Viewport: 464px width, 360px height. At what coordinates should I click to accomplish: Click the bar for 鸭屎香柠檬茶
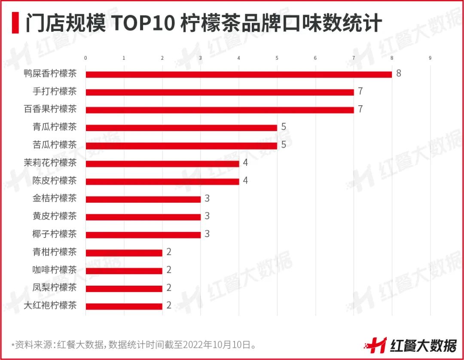point(239,74)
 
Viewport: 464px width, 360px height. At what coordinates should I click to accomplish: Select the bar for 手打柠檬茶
point(220,92)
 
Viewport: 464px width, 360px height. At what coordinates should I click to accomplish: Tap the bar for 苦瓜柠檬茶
point(181,146)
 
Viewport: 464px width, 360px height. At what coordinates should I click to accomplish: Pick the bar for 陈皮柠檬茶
point(162,181)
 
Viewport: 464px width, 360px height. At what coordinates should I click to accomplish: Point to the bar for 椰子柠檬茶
point(143,235)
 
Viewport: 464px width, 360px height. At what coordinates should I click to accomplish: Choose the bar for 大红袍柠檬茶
point(124,306)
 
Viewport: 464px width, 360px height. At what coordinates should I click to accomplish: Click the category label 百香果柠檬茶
point(50,109)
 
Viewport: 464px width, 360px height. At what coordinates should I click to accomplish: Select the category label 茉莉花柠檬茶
point(50,163)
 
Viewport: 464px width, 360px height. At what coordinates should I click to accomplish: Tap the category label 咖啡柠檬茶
point(55,270)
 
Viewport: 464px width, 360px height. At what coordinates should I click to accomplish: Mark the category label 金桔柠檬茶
point(55,198)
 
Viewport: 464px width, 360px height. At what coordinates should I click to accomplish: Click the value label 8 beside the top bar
point(399,73)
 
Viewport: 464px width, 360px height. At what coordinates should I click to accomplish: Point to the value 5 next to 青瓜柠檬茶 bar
point(284,127)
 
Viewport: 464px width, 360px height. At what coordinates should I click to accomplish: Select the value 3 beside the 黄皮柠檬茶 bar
point(207,216)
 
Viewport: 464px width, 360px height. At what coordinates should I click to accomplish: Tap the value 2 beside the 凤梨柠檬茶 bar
point(169,288)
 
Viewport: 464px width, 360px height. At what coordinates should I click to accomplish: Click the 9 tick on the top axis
point(430,58)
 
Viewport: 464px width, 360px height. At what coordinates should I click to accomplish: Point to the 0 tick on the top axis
point(85,58)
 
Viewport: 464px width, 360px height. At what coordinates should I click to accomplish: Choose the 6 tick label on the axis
point(315,58)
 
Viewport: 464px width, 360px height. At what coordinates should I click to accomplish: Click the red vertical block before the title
point(15,23)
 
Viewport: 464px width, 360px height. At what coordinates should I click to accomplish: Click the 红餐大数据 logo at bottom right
point(410,344)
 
